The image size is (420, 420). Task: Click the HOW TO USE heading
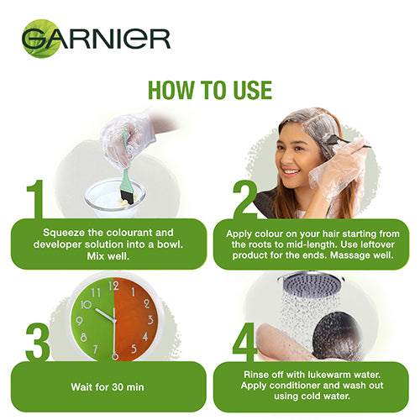210,91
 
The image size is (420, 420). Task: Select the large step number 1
36,197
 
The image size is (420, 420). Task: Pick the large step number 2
244,197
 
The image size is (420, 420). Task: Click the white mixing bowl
114,194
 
